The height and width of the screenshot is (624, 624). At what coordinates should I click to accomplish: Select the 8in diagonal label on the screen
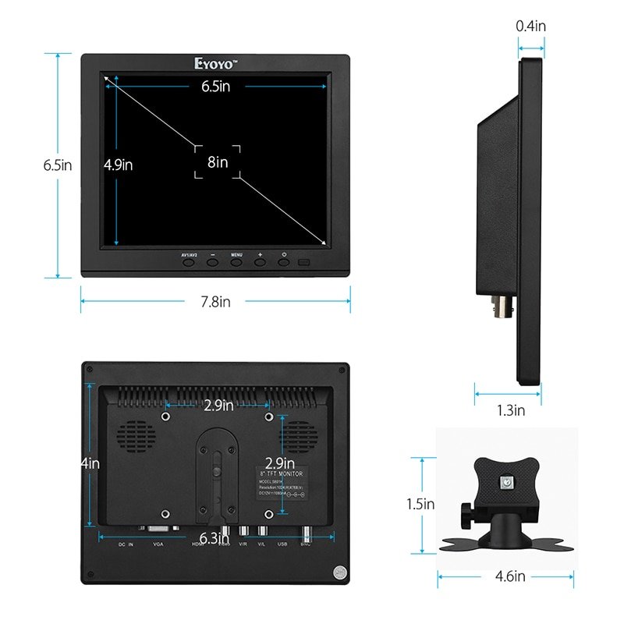coord(218,161)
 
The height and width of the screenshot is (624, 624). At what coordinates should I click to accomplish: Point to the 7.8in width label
coord(215,301)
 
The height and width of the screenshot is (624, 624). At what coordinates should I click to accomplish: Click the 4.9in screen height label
coord(119,165)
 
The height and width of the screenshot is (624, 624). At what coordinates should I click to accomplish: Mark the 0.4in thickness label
coord(531,26)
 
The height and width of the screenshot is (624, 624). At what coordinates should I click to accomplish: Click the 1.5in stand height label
coord(420,504)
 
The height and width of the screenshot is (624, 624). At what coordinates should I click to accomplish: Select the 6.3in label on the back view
coord(214,537)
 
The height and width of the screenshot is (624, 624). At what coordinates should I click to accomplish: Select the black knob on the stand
coord(466,516)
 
